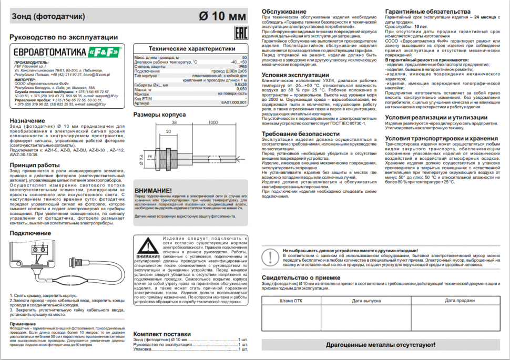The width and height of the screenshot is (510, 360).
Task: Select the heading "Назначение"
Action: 27,121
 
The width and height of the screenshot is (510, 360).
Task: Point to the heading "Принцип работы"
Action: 35,164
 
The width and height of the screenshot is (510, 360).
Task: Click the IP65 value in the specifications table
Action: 242,67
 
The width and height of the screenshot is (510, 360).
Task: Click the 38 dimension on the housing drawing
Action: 174,121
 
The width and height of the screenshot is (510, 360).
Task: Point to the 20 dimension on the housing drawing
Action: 168,131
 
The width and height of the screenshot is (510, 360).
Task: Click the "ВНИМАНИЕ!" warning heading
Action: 154,190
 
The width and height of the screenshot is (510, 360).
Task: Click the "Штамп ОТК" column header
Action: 292,301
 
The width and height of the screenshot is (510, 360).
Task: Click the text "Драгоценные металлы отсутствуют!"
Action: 381,345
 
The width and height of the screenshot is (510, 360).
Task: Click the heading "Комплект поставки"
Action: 162,334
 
